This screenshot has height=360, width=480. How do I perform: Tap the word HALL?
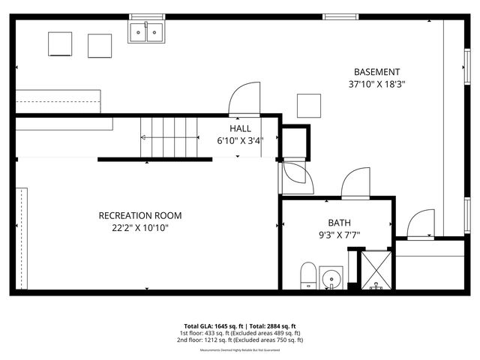240,129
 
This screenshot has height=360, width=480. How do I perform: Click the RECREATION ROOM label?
140,215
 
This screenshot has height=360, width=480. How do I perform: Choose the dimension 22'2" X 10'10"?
140,228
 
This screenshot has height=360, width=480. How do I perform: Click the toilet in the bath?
308,275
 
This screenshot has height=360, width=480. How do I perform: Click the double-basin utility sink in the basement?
147,31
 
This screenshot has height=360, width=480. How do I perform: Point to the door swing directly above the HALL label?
243,99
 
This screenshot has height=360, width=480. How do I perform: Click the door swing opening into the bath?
355,182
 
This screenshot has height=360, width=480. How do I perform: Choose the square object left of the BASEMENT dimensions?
308,105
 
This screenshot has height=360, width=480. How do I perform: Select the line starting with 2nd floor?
239,340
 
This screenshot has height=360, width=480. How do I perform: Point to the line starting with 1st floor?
239,332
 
